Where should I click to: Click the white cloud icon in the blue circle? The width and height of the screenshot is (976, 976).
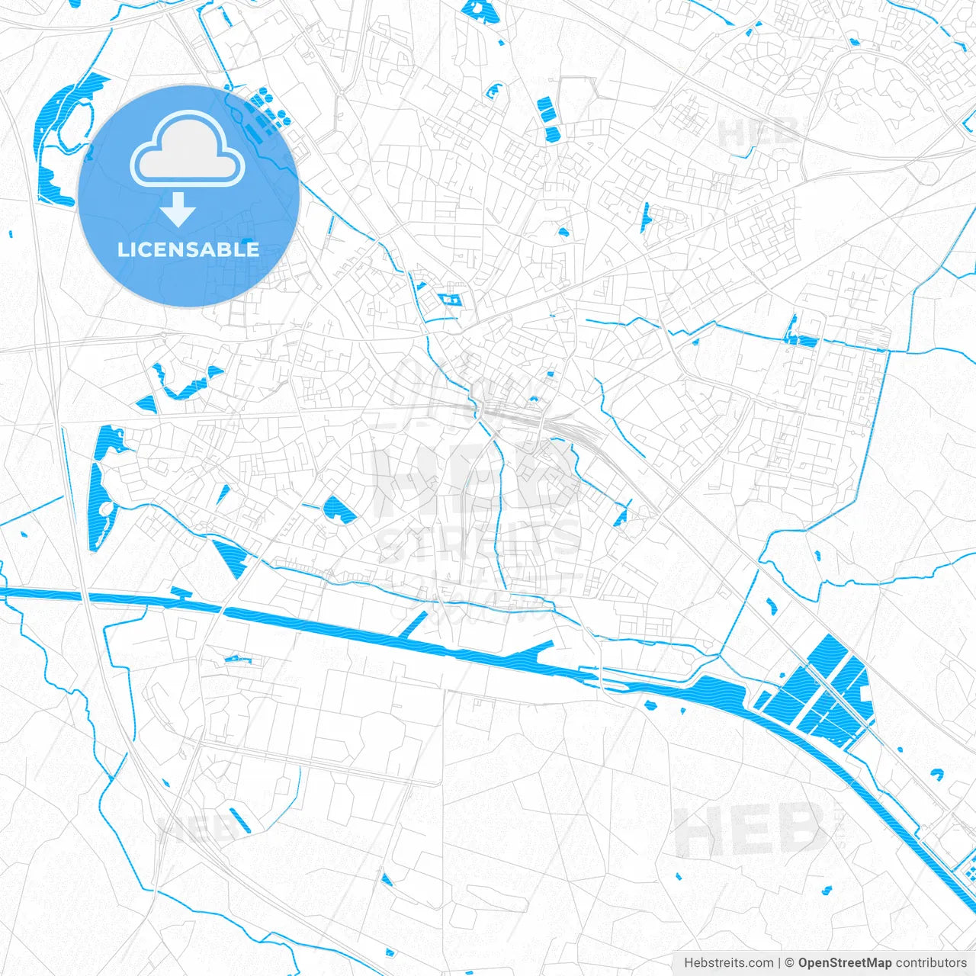pos(188,149)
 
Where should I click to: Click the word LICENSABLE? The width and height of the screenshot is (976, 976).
pos(188,249)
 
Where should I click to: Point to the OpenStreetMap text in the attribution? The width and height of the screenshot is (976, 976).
pos(845,962)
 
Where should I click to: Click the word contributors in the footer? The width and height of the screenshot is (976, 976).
pos(931,962)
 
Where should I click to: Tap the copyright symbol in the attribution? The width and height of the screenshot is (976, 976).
pos(790,962)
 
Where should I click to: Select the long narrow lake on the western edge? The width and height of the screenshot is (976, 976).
pos(99,488)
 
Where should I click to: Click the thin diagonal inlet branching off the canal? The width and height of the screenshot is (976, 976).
pos(413,624)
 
